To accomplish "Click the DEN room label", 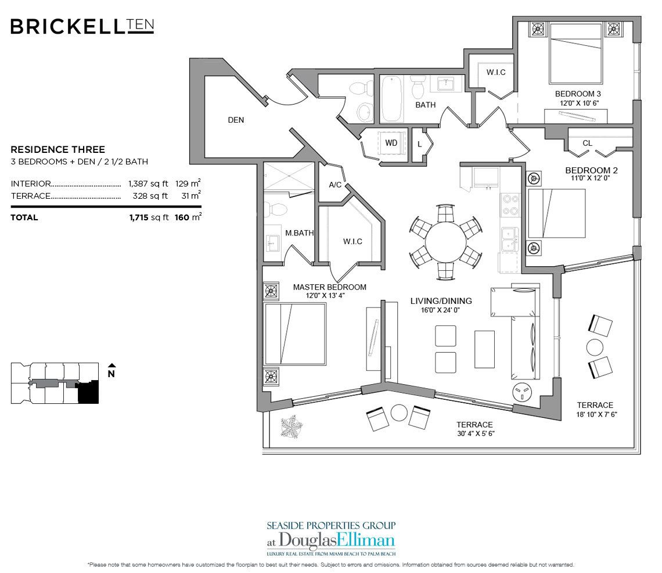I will pos(236,120).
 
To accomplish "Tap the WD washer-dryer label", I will pos(391,142).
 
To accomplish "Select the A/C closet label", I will pos(335,185).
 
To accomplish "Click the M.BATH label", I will pos(299,233).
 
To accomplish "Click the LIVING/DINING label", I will pos(441,301).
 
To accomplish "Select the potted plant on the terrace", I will pos(290,428).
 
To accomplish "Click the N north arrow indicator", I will pos(111,373).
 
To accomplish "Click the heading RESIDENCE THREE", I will pos(58,149).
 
